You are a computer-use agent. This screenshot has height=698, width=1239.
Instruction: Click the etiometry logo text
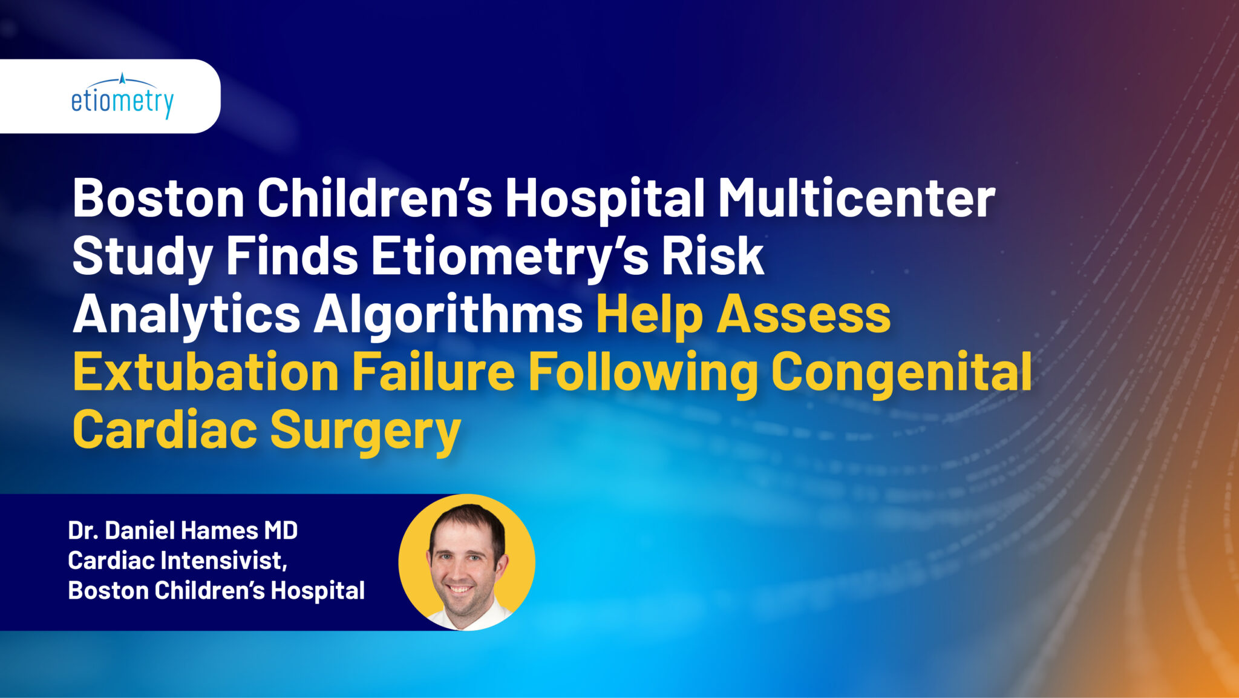pyautogui.click(x=122, y=102)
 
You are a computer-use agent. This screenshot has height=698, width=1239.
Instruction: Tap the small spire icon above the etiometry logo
pyautogui.click(x=122, y=78)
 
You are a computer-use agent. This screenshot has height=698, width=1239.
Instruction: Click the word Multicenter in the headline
pyautogui.click(x=856, y=198)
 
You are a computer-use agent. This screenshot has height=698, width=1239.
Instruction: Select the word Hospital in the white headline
pyautogui.click(x=604, y=198)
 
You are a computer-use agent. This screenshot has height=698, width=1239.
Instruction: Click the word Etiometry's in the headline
pyautogui.click(x=509, y=256)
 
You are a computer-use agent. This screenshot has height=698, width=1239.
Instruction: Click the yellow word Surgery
pyautogui.click(x=365, y=430)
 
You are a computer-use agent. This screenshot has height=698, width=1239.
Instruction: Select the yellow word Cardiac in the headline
pyautogui.click(x=165, y=430)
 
